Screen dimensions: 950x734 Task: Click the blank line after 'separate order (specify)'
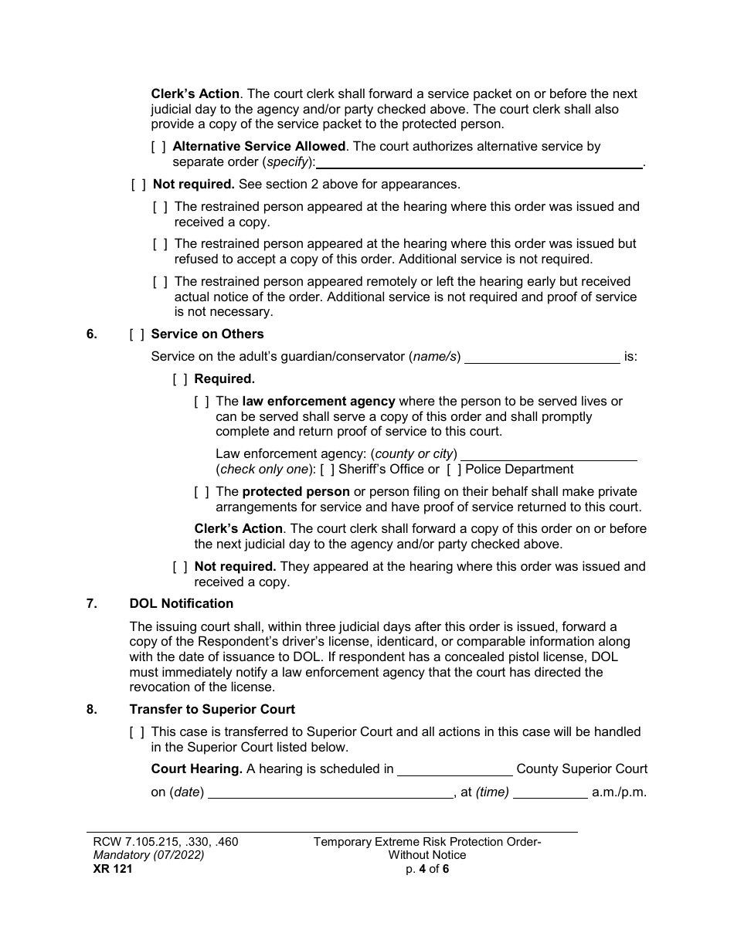[x=479, y=162]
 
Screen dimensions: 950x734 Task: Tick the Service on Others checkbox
[x=137, y=334]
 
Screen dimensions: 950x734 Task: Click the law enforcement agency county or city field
[x=549, y=454]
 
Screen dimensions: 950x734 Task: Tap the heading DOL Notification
[x=181, y=603]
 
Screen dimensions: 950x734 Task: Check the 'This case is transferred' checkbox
[x=137, y=731]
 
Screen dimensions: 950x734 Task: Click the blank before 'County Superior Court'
[x=454, y=769]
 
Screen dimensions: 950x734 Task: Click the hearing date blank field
[x=331, y=792]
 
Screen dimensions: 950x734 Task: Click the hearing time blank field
[x=550, y=792]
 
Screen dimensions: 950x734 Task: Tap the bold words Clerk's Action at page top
[x=195, y=94]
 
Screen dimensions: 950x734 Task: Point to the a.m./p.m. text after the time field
[x=618, y=792]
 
